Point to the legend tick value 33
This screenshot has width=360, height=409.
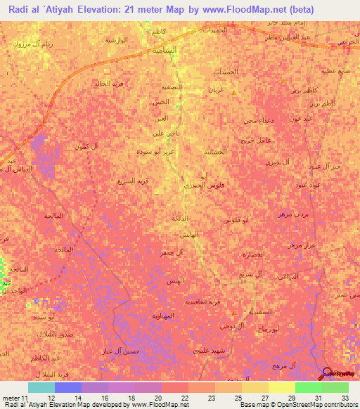click(x=345, y=397)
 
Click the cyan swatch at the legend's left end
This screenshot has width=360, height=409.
click(x=41, y=387)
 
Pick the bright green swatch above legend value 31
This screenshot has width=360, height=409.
click(x=309, y=387)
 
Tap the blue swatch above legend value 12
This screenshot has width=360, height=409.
click(x=68, y=387)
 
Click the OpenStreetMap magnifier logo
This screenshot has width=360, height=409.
click(x=328, y=373)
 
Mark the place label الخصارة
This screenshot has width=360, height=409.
click(x=257, y=254)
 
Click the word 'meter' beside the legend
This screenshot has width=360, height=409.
click(x=11, y=397)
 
